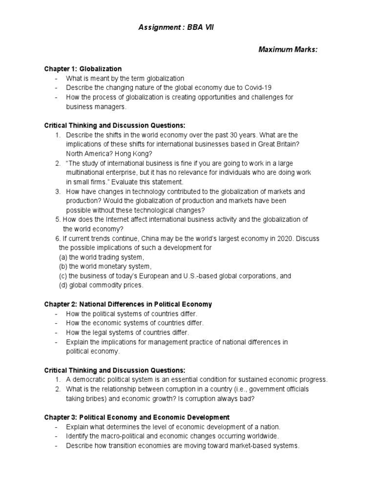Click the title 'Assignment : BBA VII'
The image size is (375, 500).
tap(176, 28)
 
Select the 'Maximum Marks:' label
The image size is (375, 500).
tap(288, 50)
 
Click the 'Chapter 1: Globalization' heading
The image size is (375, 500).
tap(83, 69)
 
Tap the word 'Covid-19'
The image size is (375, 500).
tap(259, 87)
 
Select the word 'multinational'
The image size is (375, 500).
tap(86, 172)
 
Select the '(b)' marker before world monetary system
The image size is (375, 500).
tap(62, 266)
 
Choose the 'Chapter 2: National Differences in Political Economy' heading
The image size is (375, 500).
tap(128, 304)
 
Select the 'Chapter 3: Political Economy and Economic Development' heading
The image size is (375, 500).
tap(137, 417)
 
